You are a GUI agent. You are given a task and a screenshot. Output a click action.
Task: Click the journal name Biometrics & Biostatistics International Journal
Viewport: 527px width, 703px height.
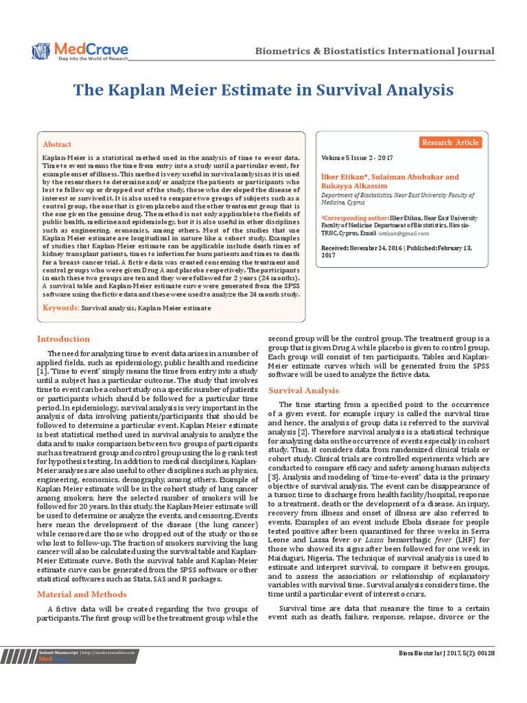(x=374, y=51)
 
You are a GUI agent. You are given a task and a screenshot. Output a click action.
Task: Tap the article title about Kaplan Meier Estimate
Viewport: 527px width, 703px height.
(x=263, y=91)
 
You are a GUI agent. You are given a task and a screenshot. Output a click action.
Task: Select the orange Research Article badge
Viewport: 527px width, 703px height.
(x=451, y=143)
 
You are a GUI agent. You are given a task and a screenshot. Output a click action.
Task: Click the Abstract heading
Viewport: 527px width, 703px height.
(x=57, y=145)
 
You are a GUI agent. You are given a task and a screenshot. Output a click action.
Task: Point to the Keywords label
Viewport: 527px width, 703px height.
(x=61, y=308)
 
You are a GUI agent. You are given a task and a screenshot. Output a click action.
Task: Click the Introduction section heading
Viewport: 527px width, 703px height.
(x=63, y=338)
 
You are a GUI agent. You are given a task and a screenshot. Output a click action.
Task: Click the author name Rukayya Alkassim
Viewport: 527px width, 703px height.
(x=354, y=186)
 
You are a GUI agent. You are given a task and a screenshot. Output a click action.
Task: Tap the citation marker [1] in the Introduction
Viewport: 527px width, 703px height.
(x=42, y=371)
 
